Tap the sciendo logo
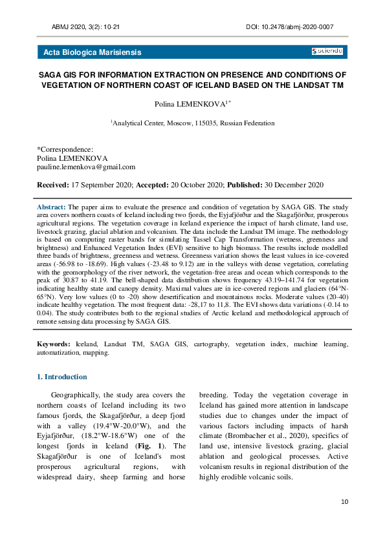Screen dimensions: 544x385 pyautogui.click(x=327, y=52)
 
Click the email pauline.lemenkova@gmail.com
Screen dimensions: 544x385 pyautogui.click(x=86, y=167)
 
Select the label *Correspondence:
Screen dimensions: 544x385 pyautogui.click(x=65, y=149)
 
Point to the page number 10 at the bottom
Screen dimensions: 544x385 pyautogui.click(x=344, y=501)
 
